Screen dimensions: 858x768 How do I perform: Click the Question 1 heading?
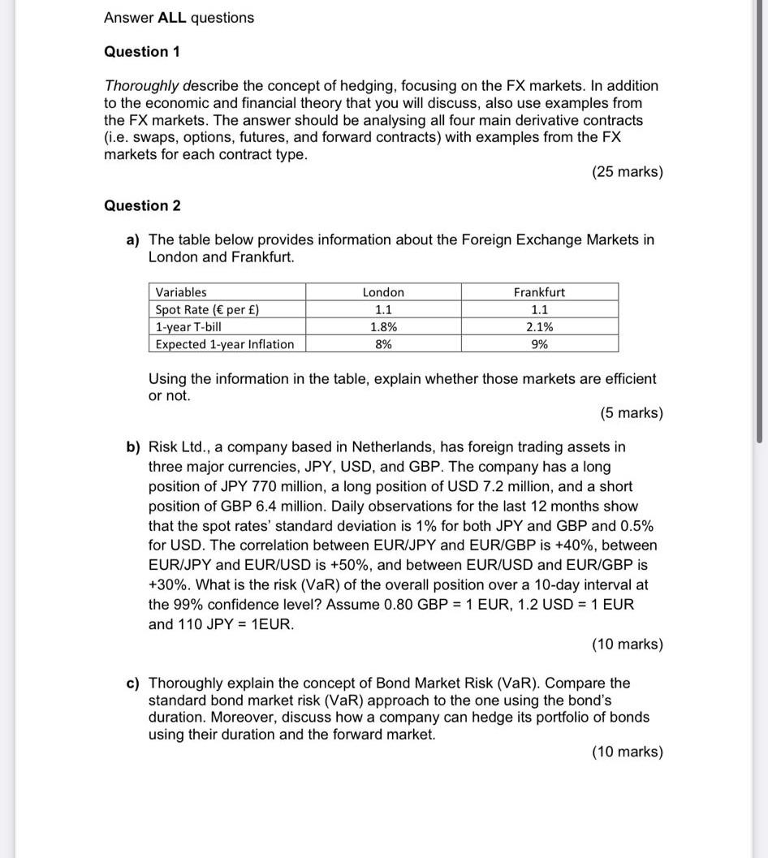click(x=142, y=52)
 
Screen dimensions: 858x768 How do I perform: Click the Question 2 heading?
click(x=142, y=205)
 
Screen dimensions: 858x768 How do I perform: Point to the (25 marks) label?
click(x=628, y=172)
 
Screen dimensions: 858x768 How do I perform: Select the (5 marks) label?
click(x=632, y=413)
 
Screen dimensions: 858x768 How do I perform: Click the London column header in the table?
click(x=383, y=292)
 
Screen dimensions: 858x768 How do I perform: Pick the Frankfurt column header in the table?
click(x=539, y=292)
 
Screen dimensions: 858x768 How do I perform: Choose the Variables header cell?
click(x=181, y=292)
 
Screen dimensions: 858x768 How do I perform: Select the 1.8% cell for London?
click(x=383, y=327)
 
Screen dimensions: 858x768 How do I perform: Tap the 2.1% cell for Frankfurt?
click(x=539, y=327)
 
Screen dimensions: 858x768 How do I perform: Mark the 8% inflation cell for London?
click(x=383, y=344)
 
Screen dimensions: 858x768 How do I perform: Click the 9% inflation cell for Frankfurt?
click(x=539, y=344)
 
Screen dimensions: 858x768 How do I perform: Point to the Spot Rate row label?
click(x=207, y=309)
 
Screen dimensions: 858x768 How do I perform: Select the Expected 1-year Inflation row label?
click(x=225, y=344)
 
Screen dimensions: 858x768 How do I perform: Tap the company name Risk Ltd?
click(x=179, y=447)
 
